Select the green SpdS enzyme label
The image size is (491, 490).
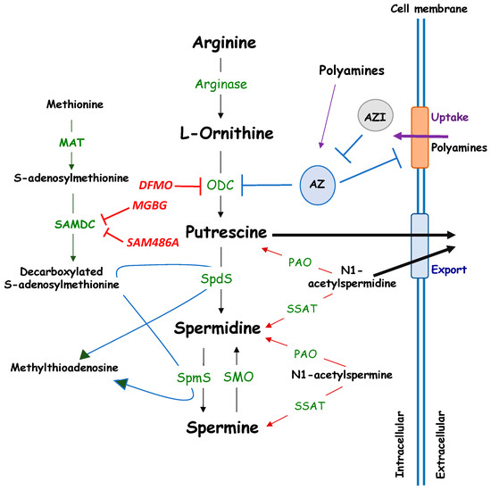pos(219,279)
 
